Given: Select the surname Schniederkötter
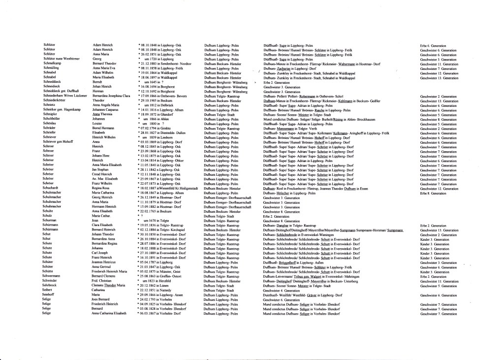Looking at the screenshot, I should point(55,100).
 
